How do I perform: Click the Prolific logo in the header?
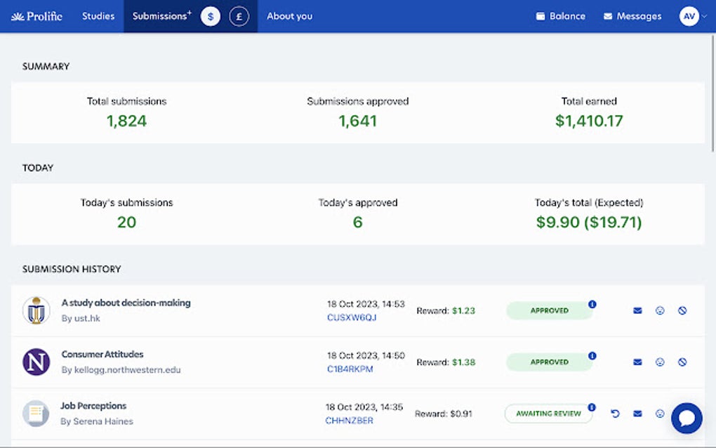click(x=37, y=16)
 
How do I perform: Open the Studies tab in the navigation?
click(x=98, y=16)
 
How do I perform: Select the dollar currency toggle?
click(x=211, y=16)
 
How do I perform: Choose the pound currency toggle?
click(x=239, y=16)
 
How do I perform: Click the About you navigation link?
click(x=289, y=16)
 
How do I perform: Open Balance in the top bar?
click(x=560, y=16)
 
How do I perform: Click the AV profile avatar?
click(x=689, y=16)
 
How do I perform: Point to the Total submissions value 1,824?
click(x=127, y=121)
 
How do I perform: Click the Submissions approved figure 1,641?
click(x=358, y=121)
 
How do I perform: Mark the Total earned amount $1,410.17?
click(x=589, y=121)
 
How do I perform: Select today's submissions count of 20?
click(x=127, y=223)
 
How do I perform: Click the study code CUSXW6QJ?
click(x=352, y=317)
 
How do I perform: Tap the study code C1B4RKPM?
click(x=350, y=369)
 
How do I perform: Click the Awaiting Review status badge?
click(x=548, y=414)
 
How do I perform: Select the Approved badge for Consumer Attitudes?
click(x=549, y=362)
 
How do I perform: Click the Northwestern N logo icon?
click(x=36, y=362)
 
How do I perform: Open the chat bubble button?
click(x=687, y=418)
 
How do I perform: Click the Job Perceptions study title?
click(x=93, y=406)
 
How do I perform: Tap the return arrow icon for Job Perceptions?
click(x=615, y=414)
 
